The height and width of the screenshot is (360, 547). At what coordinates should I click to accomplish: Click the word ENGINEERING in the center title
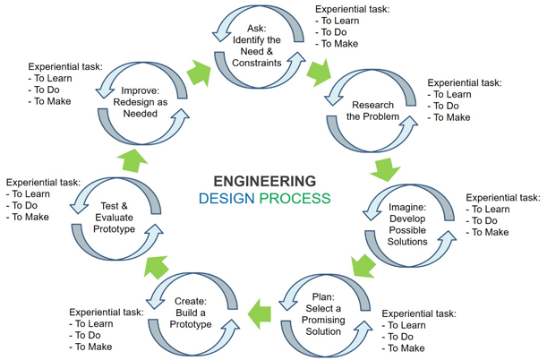(x=264, y=180)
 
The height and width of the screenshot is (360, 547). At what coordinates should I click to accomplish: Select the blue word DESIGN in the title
(x=226, y=199)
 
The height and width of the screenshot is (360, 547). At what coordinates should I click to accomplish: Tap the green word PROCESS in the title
(x=295, y=199)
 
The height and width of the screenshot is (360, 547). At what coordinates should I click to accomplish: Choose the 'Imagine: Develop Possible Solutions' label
(x=407, y=225)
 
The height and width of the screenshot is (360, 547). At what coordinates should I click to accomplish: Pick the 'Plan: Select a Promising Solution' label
(x=323, y=313)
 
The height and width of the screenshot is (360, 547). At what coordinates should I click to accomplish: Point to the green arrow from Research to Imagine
(x=386, y=167)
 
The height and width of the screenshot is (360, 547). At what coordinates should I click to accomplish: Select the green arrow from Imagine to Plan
(x=363, y=265)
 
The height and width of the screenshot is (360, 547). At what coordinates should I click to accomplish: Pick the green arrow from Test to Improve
(x=132, y=159)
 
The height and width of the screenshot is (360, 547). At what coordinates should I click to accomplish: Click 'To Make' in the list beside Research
(x=451, y=117)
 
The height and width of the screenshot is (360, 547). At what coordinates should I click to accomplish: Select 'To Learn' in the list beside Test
(x=30, y=193)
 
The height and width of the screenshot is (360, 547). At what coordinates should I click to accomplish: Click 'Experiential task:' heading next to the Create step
(x=106, y=313)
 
